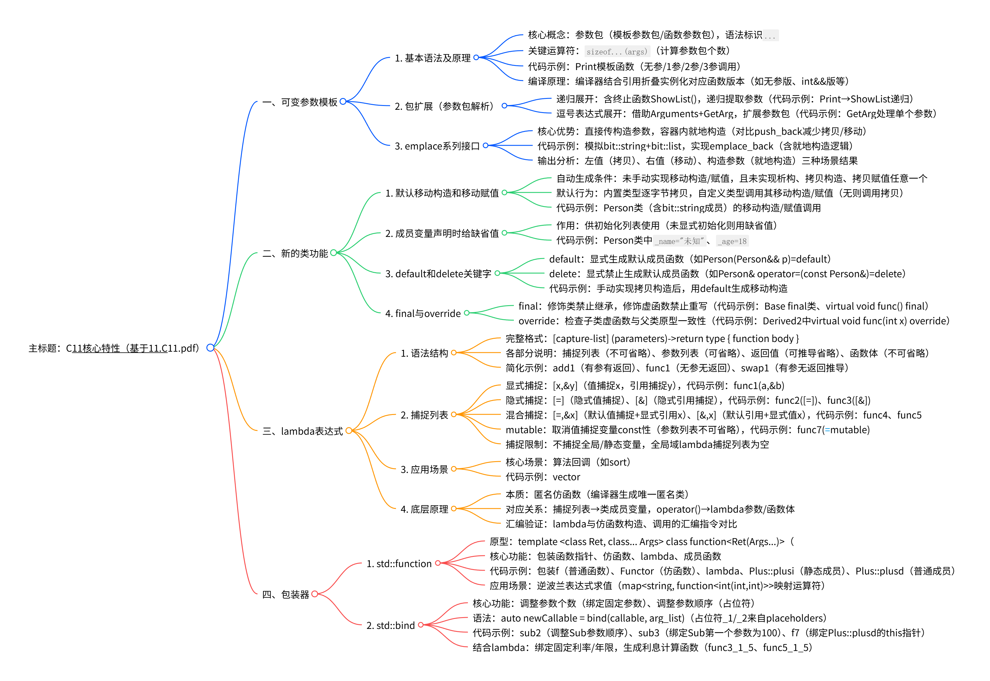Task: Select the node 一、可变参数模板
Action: tap(300, 102)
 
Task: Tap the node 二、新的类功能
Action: tap(295, 253)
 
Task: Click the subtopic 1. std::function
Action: tap(399, 564)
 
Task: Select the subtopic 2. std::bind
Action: tap(390, 626)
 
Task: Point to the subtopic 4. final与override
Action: tap(423, 314)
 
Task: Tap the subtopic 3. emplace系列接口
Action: tap(437, 146)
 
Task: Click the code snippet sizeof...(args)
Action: tap(617, 52)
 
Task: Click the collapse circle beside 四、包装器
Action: tap(315, 594)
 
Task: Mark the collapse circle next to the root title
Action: tap(210, 348)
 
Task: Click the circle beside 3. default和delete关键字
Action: tap(497, 273)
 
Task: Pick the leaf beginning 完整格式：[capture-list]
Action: tap(652, 339)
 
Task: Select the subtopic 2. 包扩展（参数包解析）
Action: tap(444, 106)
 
